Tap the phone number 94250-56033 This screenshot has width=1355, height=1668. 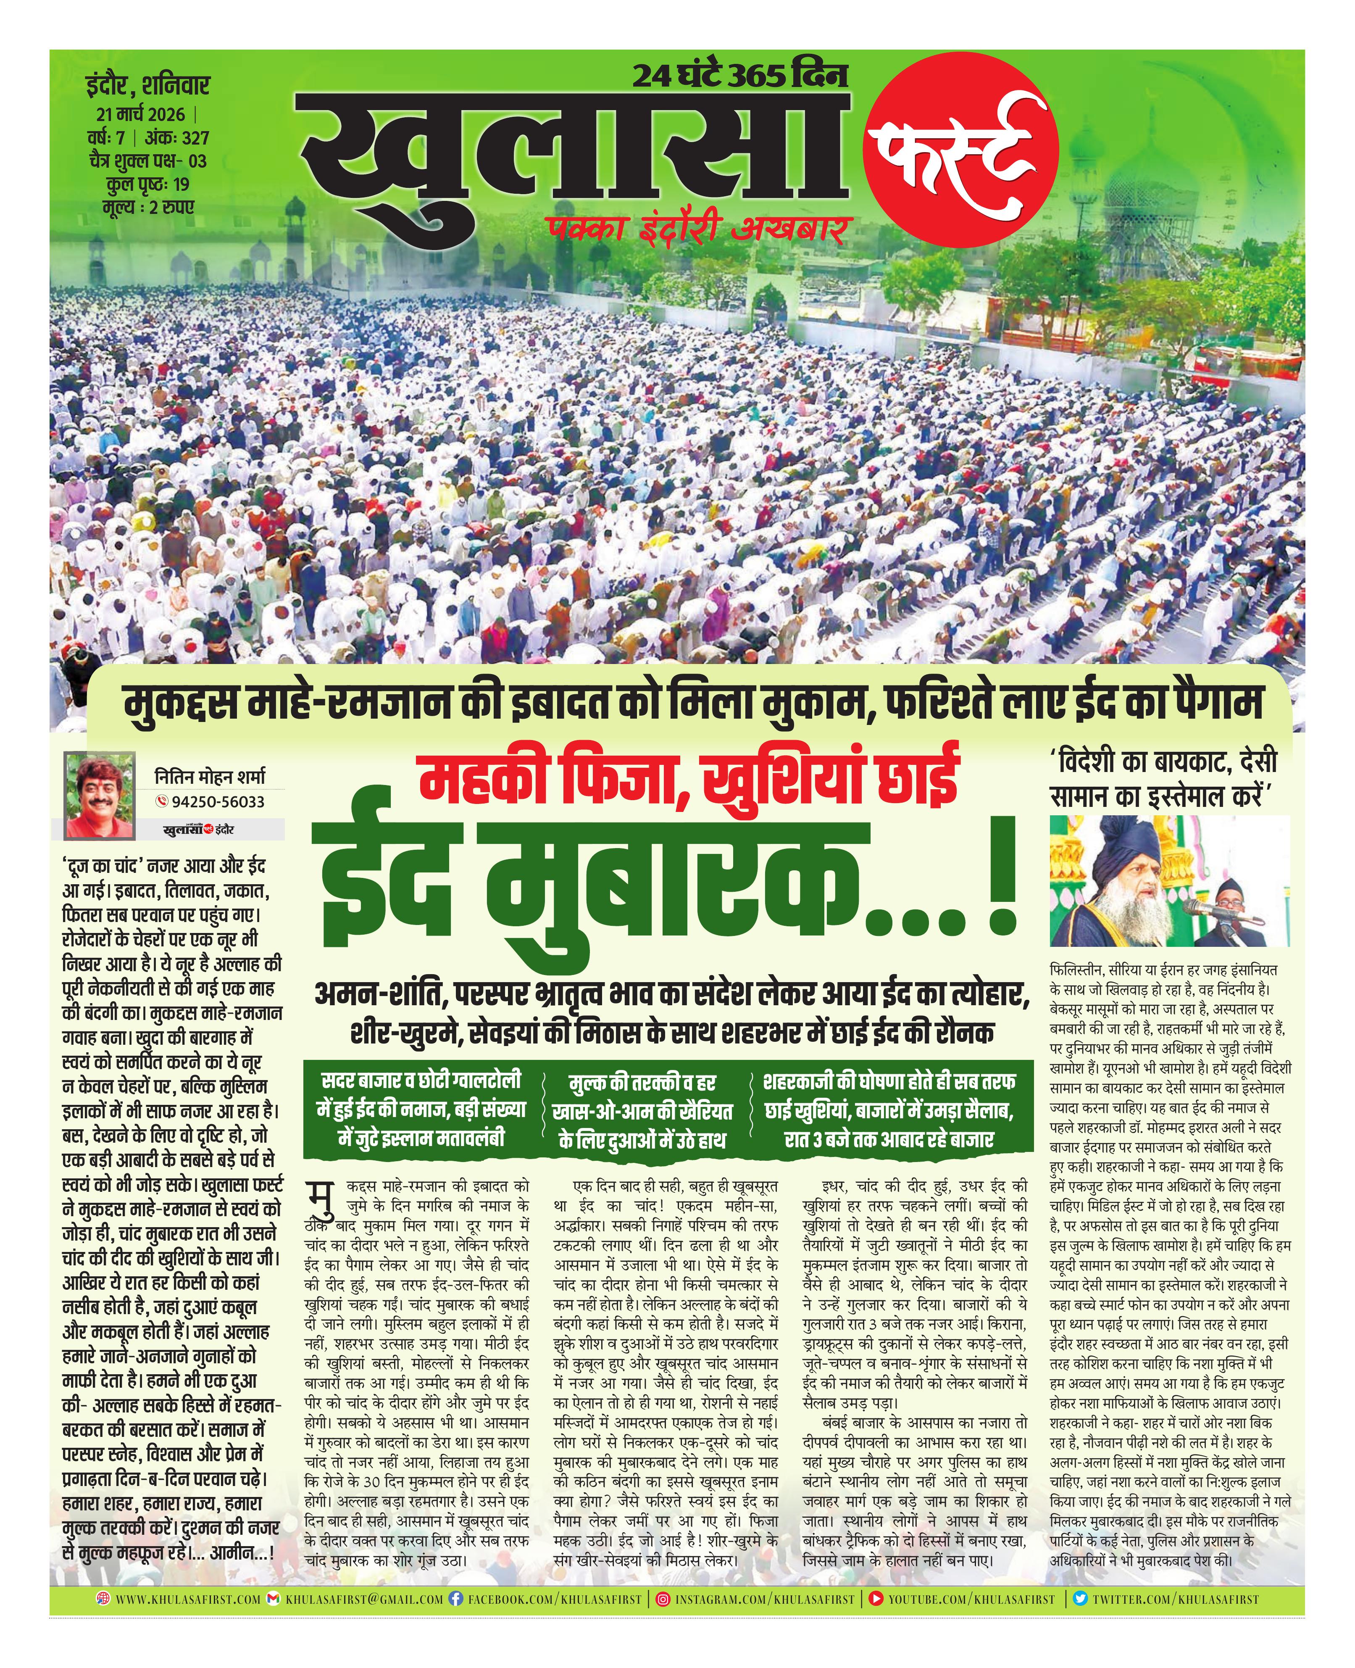[211, 801]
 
